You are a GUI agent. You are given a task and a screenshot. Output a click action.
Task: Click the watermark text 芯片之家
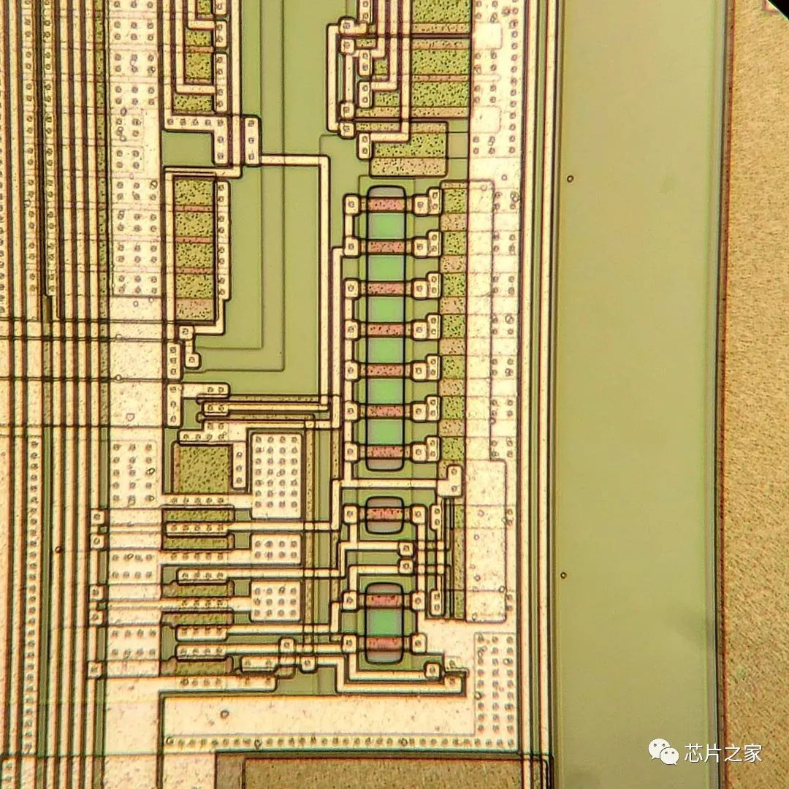(723, 752)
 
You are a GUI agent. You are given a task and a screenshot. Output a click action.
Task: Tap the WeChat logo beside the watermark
(664, 752)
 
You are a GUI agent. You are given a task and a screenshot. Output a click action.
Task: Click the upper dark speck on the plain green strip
(570, 178)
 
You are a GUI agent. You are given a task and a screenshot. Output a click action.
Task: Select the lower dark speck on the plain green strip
(563, 575)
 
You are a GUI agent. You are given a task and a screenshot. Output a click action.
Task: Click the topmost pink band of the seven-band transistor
(385, 205)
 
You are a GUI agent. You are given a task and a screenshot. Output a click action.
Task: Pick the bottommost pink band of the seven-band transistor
(385, 451)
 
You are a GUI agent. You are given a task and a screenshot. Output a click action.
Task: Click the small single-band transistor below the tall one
(384, 514)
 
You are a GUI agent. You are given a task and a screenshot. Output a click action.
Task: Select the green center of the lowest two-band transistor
(384, 622)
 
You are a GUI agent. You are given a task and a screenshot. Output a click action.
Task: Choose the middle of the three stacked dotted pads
(275, 549)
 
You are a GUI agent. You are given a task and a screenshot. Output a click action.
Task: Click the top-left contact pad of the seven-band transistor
(351, 205)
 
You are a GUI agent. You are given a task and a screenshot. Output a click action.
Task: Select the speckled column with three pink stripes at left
(194, 249)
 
